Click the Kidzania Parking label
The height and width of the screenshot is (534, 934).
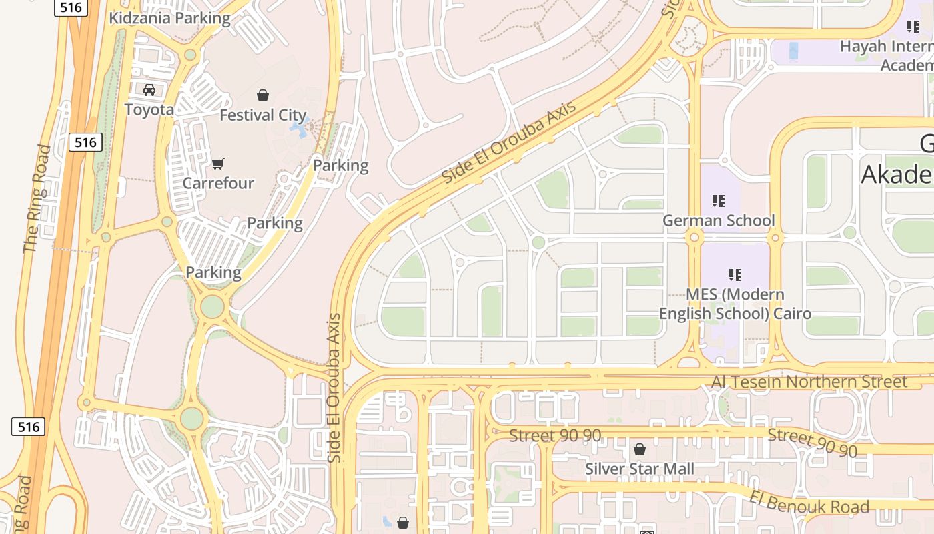(169, 18)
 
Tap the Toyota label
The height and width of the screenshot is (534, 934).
(149, 109)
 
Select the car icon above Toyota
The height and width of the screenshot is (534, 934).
(149, 90)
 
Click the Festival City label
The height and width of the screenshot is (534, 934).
(263, 115)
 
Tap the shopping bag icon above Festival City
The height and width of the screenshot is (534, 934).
(263, 95)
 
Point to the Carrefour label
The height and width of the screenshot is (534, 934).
(218, 183)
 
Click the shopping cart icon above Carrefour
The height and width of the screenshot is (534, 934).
(218, 164)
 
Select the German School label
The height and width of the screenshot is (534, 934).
(719, 220)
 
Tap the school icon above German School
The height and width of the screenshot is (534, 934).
(719, 200)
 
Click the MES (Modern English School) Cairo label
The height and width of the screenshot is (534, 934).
(735, 304)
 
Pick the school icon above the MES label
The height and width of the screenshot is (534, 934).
(735, 274)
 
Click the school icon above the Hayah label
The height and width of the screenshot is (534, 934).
(913, 27)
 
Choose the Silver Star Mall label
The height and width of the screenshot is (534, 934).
(640, 469)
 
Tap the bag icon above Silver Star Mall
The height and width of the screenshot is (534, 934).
(640, 449)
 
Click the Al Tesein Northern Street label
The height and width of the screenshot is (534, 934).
(809, 382)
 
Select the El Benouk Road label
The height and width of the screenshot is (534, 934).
(809, 502)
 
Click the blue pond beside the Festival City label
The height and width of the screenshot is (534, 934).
(300, 127)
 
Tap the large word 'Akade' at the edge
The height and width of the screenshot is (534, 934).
(897, 174)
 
